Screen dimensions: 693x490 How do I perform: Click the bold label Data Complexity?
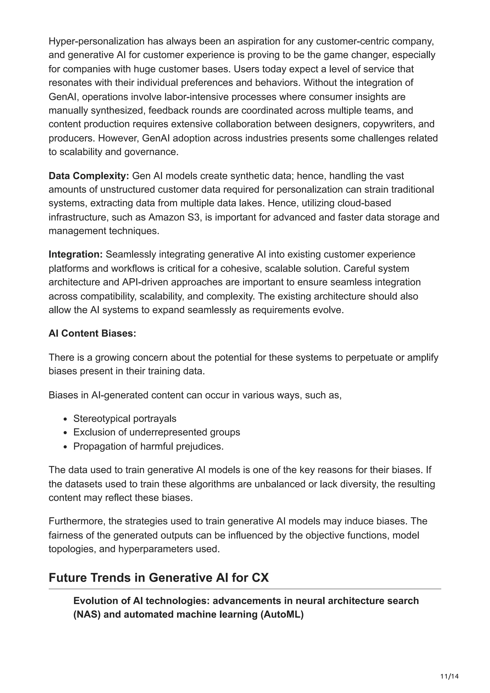(89, 176)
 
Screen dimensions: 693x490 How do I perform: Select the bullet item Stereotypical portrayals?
(125, 419)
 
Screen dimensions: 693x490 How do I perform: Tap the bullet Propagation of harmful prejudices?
(148, 446)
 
